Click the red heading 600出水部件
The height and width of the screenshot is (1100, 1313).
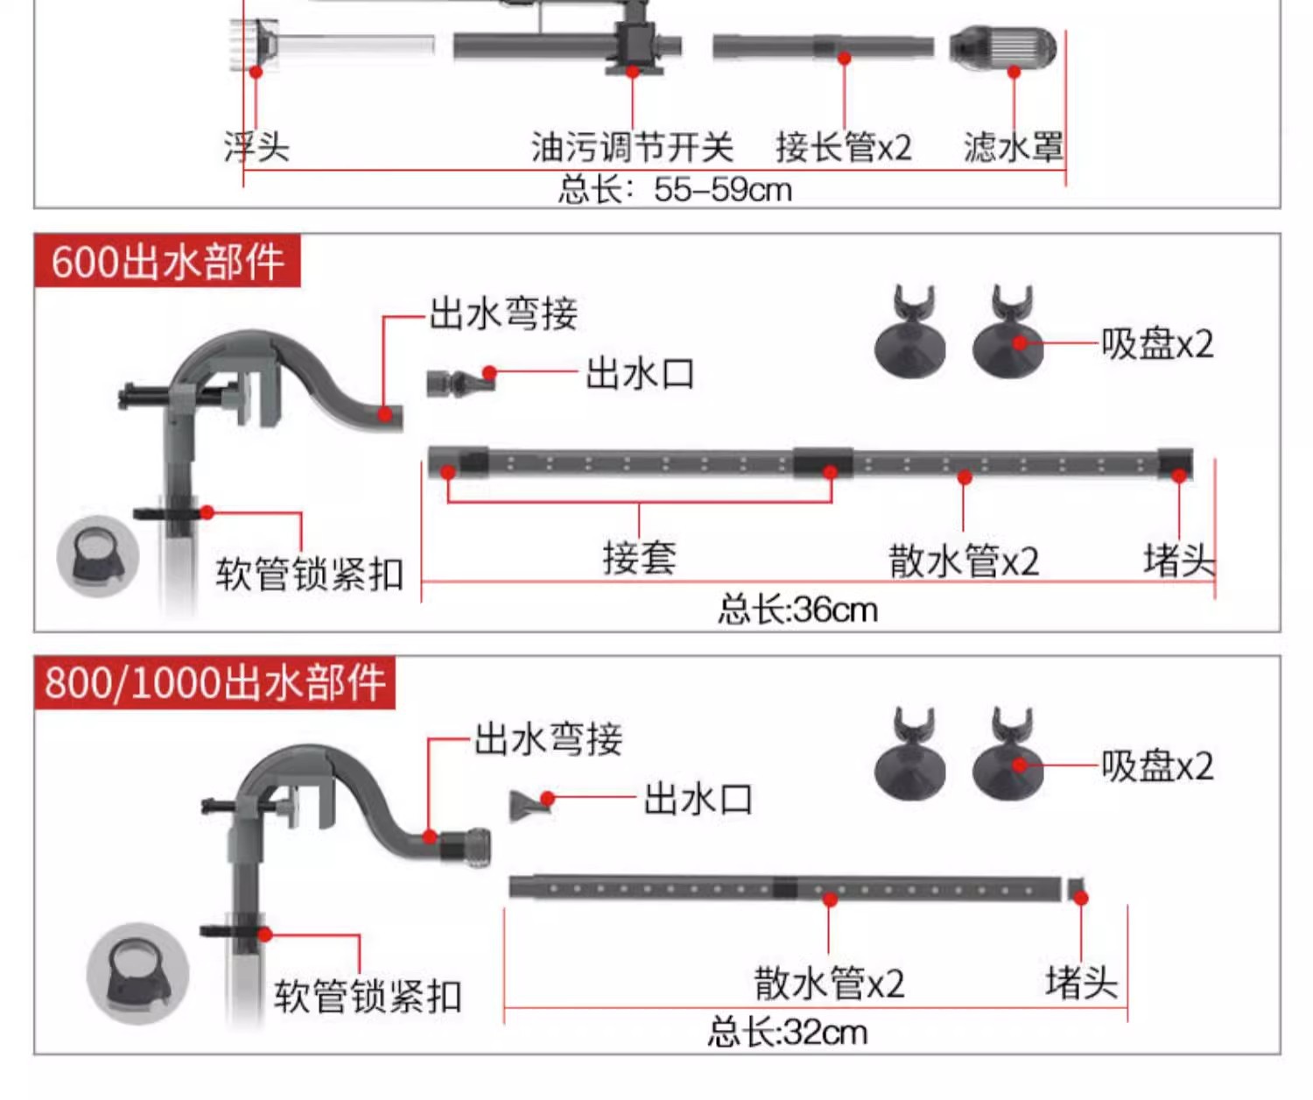[167, 261]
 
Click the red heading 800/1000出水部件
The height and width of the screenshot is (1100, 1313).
[215, 683]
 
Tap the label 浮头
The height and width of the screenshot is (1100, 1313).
[256, 146]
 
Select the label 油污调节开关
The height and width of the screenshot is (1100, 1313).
[632, 147]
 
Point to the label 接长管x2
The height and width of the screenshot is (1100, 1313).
[843, 147]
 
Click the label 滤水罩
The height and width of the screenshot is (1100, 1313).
[1014, 147]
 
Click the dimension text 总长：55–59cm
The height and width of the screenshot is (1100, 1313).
[675, 189]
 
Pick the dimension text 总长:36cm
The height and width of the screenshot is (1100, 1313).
[797, 610]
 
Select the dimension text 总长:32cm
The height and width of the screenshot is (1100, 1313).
[788, 1032]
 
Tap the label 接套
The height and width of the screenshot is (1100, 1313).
[639, 558]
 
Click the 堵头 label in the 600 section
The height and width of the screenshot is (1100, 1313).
[1179, 560]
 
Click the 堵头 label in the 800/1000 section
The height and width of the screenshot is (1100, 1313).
[1081, 982]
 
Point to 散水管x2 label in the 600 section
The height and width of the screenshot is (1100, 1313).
[964, 561]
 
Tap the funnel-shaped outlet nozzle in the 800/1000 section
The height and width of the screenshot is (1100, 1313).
[529, 804]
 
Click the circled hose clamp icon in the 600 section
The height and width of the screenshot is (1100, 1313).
[97, 557]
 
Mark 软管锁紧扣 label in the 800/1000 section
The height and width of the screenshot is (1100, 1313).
[368, 996]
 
